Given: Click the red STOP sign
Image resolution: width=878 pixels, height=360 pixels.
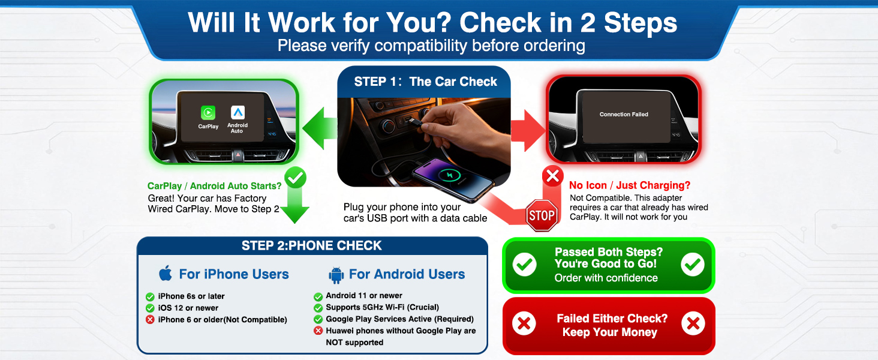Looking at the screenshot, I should (x=541, y=215).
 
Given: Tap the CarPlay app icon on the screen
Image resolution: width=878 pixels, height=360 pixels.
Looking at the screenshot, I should (x=208, y=112).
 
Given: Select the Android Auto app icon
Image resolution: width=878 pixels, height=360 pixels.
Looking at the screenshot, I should (x=237, y=112).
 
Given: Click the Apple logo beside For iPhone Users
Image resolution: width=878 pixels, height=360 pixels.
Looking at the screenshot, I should (x=166, y=274).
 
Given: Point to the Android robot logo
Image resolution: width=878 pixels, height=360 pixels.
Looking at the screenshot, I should (x=336, y=275).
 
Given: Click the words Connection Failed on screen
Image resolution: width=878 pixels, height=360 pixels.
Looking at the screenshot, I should (x=624, y=115).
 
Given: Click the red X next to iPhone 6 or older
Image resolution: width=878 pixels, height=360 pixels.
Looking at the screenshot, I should (x=150, y=320).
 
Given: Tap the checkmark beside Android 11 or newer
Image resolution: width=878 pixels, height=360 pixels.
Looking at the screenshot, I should (x=318, y=296).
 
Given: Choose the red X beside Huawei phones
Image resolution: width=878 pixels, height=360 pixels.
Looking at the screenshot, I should (x=318, y=331).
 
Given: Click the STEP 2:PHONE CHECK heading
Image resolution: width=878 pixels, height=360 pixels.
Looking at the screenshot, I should (x=312, y=245).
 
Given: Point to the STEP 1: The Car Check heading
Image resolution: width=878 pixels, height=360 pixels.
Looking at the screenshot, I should (x=425, y=82).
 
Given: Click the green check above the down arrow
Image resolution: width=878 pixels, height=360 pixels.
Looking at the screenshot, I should (x=296, y=178).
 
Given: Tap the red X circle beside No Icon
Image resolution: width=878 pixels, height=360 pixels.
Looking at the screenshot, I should (x=552, y=176).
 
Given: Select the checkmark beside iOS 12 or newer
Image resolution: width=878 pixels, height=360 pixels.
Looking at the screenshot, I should (x=150, y=308).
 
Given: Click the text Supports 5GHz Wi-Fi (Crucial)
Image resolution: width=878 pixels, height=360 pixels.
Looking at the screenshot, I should (x=382, y=307).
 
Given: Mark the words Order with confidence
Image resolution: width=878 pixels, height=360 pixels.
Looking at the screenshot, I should (x=606, y=278).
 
